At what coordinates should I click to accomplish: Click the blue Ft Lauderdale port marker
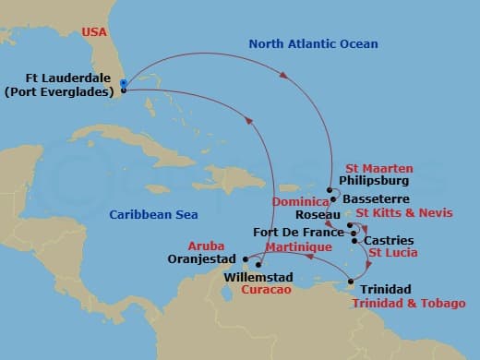pyautogui.click(x=124, y=83)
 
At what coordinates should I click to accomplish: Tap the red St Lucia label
pyautogui.click(x=393, y=253)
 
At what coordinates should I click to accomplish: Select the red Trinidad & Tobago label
pyautogui.click(x=408, y=303)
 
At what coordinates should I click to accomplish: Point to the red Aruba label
pyautogui.click(x=206, y=247)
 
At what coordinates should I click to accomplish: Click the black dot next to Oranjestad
pyautogui.click(x=245, y=258)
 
